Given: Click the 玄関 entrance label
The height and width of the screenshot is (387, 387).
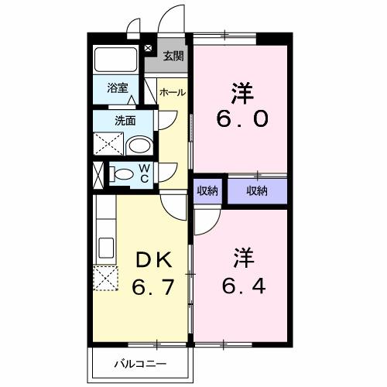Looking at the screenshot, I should [173, 56].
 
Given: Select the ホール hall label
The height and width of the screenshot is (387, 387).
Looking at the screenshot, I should [172, 92].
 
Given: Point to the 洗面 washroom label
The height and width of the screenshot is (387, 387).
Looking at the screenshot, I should [125, 121].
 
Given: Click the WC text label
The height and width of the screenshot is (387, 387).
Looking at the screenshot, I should [144, 173].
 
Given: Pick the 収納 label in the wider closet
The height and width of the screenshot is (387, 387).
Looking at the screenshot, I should [257, 190].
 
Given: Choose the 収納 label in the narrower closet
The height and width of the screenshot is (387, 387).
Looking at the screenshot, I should [207, 190].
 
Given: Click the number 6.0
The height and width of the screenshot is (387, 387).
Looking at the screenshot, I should [241, 121].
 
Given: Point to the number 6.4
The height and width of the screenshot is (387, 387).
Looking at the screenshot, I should [241, 287].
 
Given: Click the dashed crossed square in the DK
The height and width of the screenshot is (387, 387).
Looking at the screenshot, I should [104, 277].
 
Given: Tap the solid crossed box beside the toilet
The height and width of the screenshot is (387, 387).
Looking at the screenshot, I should [98, 174].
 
